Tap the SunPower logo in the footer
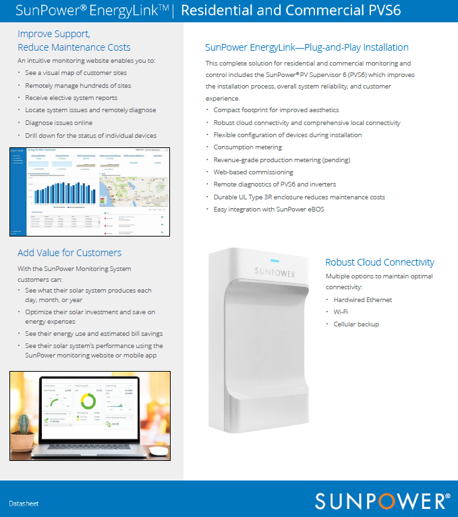coord(382,501)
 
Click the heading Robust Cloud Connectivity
coord(379,262)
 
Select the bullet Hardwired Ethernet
coord(362,299)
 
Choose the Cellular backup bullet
coord(355,324)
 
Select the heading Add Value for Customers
coord(69,253)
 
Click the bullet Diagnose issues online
coord(59,123)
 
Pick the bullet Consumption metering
coord(248,147)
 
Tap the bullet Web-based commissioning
coord(253,172)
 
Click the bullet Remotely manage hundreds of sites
coord(78,86)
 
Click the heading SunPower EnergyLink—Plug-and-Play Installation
coord(306,47)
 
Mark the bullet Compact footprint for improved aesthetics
coord(276,109)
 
